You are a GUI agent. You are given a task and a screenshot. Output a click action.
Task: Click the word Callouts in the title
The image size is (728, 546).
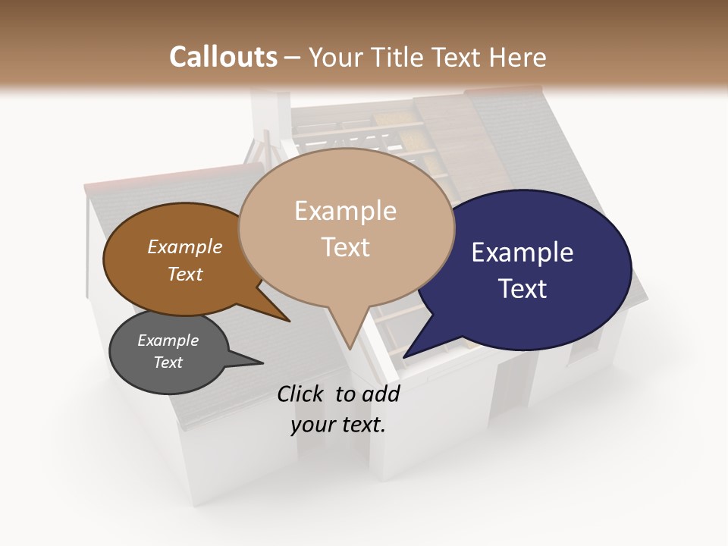tap(223, 58)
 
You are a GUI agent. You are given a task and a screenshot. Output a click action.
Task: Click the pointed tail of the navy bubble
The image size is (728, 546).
tap(406, 356)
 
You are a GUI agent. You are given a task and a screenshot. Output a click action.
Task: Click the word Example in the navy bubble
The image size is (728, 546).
tap(522, 253)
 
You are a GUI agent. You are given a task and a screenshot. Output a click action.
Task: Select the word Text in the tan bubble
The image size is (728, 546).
tap(346, 247)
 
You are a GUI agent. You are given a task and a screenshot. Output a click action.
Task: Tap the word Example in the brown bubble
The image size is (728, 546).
tap(185, 246)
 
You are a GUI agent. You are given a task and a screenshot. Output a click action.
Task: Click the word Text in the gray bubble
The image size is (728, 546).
tap(168, 362)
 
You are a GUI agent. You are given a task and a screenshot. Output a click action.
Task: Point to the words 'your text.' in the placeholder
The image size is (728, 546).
tap(338, 425)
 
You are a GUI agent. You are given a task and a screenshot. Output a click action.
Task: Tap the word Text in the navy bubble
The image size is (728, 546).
tap(522, 289)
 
